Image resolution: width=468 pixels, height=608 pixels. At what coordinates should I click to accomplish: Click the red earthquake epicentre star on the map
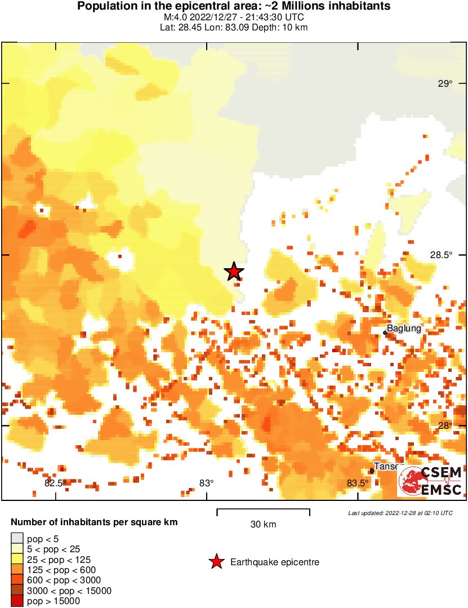pos(234,272)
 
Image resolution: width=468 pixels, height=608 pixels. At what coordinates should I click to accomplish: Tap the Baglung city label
pos(404,329)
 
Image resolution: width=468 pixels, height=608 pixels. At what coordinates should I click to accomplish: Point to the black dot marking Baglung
pos(385,333)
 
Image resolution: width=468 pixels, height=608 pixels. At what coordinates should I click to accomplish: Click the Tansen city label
pos(387,467)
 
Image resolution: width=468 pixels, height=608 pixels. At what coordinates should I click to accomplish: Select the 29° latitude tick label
pos(445,84)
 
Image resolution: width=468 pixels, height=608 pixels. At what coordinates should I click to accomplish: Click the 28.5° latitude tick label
pos(442,255)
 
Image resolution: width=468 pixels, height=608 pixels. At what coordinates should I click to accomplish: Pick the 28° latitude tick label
pos(446,425)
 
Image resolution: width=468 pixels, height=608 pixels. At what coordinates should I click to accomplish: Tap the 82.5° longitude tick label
pos(55,483)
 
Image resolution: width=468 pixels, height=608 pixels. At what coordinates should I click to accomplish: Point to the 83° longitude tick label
pos(207,483)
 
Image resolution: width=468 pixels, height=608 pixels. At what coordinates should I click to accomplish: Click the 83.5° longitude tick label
pos(358,483)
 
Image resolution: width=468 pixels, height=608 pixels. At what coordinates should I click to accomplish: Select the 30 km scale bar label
pos(263,525)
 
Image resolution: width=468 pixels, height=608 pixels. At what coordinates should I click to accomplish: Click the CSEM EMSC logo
pos(430,481)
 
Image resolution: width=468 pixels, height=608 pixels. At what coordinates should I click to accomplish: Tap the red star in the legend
pos(216,562)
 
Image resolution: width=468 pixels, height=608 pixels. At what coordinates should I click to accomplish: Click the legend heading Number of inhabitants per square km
pos(94,522)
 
